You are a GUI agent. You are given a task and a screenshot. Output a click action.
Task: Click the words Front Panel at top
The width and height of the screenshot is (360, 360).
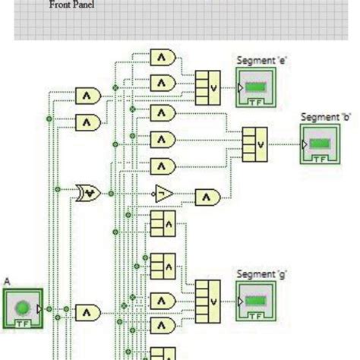coord(72,5)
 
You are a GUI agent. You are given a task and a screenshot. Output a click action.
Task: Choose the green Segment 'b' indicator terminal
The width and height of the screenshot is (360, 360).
coord(319,144)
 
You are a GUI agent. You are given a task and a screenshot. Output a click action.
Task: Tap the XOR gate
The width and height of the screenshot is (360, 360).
coord(88,193)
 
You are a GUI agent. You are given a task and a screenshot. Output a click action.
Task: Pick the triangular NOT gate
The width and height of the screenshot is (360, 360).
coord(163,194)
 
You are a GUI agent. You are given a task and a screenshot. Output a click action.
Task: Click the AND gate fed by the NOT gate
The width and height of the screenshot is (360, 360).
coord(207,197)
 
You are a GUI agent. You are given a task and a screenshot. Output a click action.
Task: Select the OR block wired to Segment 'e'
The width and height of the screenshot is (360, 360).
coord(207,87)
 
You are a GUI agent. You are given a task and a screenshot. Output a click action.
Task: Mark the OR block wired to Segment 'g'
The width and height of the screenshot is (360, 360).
coord(207,299)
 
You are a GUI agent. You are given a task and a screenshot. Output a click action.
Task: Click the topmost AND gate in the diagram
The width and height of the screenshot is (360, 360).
coord(163,57)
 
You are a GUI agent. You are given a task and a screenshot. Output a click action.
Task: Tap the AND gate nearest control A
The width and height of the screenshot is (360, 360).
coord(87,311)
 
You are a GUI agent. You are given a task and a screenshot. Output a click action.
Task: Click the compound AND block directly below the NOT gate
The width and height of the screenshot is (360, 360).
coord(162,224)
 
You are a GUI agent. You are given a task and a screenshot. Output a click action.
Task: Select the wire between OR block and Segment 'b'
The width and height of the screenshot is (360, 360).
coord(284,144)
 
